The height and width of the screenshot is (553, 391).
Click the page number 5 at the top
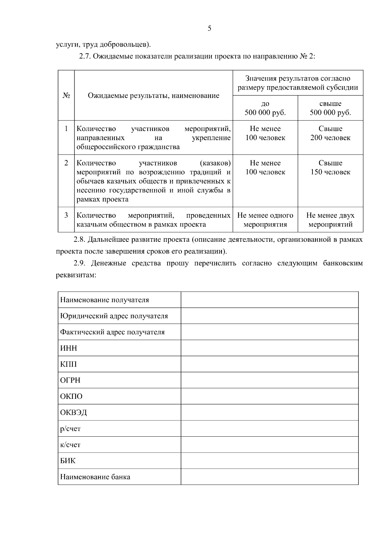(209, 28)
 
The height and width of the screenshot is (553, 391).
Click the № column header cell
(66, 95)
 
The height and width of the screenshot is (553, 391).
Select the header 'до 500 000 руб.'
(265, 108)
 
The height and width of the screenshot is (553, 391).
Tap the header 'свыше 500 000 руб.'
(330, 108)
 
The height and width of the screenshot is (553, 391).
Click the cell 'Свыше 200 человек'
(330, 133)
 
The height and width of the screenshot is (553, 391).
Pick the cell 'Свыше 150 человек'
(330, 167)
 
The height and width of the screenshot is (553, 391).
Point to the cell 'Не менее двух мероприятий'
(330, 220)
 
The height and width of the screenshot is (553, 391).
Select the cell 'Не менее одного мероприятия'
(265, 220)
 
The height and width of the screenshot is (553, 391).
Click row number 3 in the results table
(66, 215)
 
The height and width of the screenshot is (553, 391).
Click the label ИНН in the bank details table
(69, 348)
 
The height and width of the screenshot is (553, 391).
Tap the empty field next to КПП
(269, 364)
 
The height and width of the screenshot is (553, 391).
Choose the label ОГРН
(70, 380)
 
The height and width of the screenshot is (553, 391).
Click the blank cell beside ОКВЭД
(269, 412)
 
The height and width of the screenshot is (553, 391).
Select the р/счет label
(70, 429)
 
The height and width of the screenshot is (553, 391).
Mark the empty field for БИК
(269, 460)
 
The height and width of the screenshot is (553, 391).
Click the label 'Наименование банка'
(95, 477)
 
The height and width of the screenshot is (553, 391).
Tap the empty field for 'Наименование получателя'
(269, 300)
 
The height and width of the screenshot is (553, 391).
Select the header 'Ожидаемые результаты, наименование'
(153, 95)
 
